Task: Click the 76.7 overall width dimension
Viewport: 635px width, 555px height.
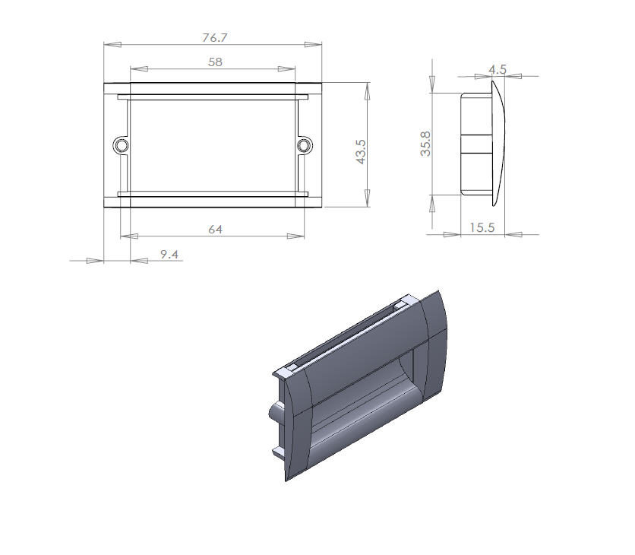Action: point(215,38)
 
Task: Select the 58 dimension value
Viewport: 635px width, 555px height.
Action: point(215,62)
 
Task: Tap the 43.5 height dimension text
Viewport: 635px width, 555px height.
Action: point(361,151)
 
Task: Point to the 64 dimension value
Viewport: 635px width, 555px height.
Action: point(215,230)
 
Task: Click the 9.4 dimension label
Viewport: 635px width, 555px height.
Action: point(169,254)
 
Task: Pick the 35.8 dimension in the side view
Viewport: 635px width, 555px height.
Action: point(425,144)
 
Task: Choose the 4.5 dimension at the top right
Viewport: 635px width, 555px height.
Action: point(498,70)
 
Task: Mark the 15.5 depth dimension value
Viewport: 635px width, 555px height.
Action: point(482,227)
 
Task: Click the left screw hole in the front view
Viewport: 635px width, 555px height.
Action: point(121,145)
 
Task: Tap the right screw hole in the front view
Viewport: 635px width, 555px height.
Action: point(305,145)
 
